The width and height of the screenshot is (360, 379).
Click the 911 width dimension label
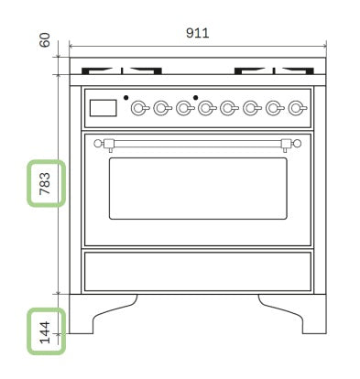click(x=198, y=33)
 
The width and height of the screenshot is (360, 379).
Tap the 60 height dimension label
click(x=45, y=40)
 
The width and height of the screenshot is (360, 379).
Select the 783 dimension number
click(x=45, y=183)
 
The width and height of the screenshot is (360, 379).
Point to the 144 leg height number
click(x=45, y=332)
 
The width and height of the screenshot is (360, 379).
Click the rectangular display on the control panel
click(x=104, y=108)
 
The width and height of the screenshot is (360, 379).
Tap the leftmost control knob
click(x=139, y=108)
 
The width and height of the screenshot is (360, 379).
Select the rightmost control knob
click(x=297, y=108)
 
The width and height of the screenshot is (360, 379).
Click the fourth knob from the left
click(x=207, y=108)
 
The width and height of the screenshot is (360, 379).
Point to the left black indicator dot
click(x=125, y=98)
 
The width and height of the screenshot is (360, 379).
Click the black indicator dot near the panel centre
click(x=196, y=98)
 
